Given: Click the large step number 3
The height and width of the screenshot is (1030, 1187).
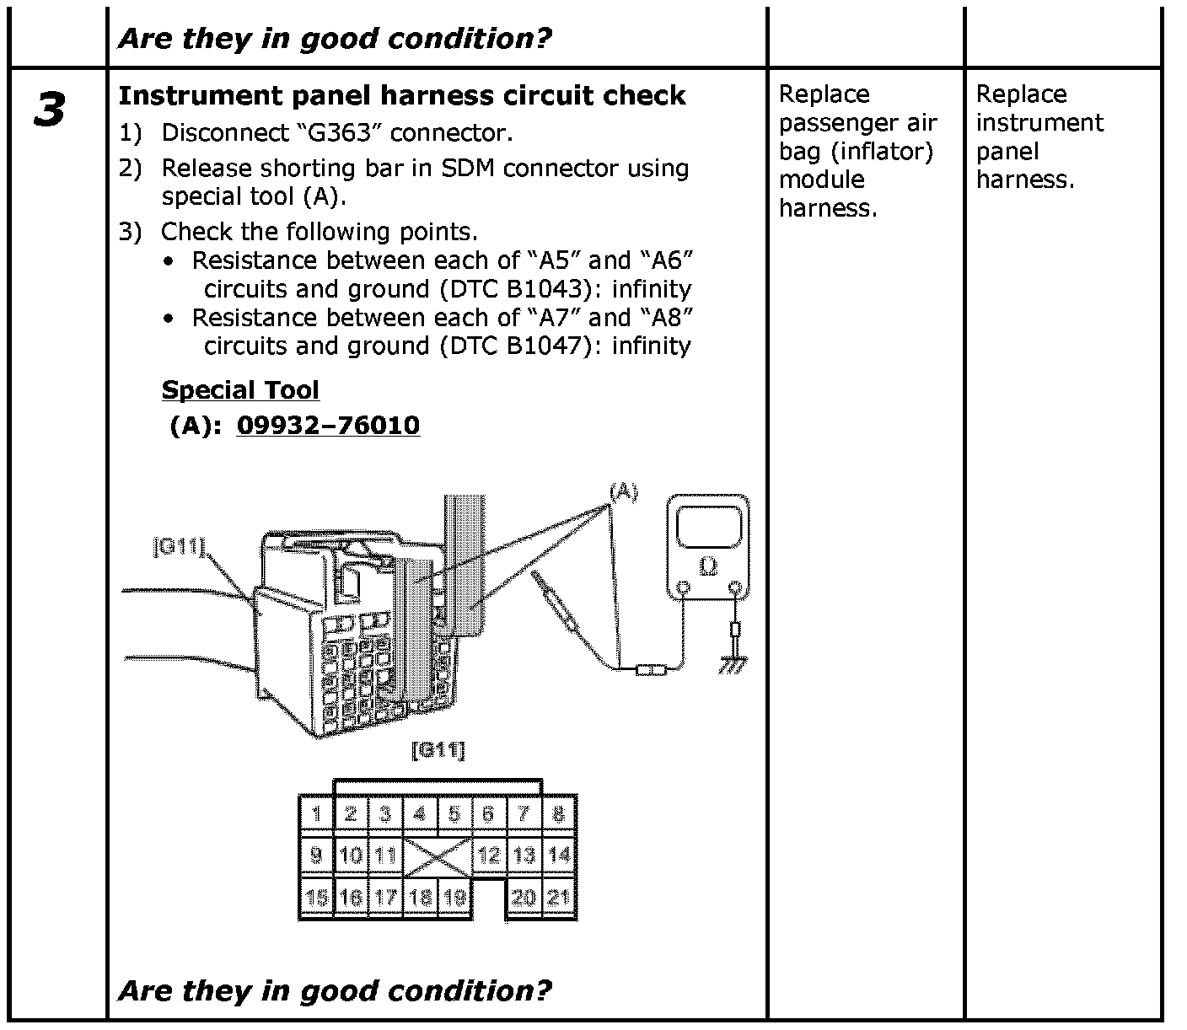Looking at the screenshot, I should coord(50,110).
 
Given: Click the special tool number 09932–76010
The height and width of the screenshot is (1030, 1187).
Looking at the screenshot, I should coord(328,425).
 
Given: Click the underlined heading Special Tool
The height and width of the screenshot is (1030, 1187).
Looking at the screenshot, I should coord(240,390).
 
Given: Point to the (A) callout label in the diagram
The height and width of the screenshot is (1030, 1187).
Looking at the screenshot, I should coord(623,491).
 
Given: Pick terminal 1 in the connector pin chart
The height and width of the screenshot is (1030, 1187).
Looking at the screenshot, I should coord(317,814).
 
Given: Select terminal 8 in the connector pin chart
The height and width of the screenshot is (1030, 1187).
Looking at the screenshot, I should coord(558,814).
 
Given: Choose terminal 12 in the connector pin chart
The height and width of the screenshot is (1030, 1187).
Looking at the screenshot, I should coord(489,856).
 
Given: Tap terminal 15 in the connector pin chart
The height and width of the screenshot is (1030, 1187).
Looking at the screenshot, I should coord(317,898).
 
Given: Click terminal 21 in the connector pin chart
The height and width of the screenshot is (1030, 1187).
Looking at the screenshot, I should coord(558,898).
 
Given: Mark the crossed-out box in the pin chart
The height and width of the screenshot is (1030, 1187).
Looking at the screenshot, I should coord(438,856).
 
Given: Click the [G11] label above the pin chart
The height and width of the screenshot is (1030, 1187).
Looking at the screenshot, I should coord(438,749).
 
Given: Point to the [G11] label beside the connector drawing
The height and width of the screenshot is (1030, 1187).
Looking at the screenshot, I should coord(179,547).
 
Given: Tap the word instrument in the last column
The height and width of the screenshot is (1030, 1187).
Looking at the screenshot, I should coord(1039,123).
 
